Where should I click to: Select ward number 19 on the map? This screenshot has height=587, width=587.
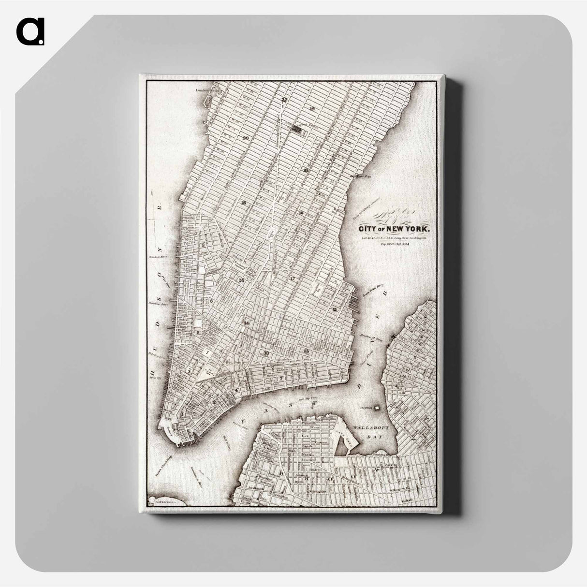[312, 109]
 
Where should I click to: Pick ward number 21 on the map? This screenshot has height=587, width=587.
[306, 170]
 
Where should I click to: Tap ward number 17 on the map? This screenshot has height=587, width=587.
[293, 279]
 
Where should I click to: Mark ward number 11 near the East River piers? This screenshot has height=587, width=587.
[334, 308]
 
